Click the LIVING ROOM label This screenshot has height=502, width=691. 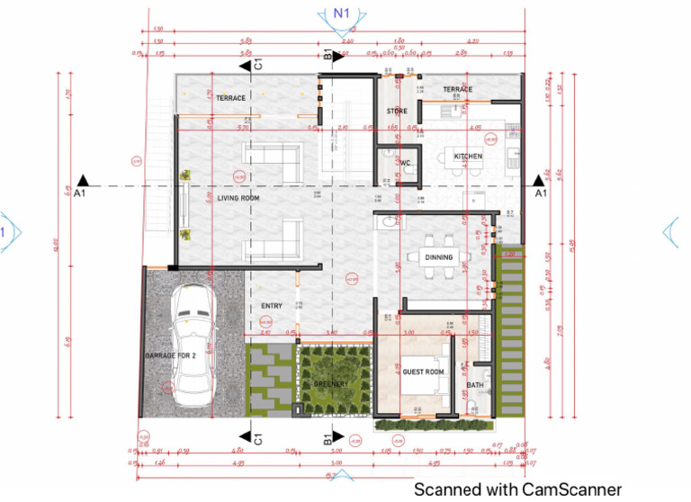[238, 198]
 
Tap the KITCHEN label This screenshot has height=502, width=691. [468, 157]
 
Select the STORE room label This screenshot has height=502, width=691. [397, 112]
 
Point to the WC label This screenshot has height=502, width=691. [406, 164]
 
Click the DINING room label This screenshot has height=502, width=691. [439, 257]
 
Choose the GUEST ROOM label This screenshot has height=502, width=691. [423, 372]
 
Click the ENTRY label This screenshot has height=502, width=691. [272, 306]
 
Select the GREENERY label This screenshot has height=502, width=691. [331, 384]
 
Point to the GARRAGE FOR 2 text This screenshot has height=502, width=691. [171, 356]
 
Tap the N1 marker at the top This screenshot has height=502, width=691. [340, 13]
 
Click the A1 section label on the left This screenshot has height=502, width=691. [80, 193]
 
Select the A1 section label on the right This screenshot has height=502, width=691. [541, 193]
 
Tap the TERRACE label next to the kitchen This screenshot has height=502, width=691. [457, 90]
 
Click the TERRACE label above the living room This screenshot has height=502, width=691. [230, 98]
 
